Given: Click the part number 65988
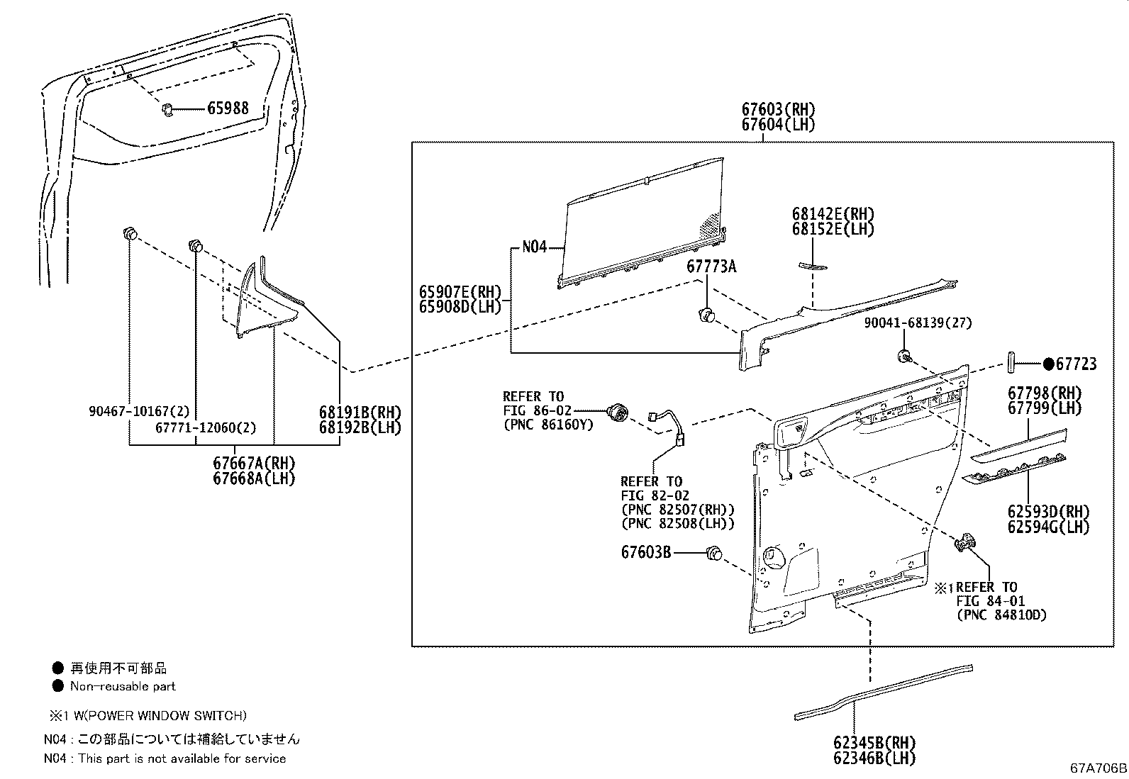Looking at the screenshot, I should (228, 108).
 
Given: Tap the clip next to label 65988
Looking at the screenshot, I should (168, 109).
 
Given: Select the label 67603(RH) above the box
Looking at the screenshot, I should (778, 110).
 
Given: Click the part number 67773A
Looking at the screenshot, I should (711, 267).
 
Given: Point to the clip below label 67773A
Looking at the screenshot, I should (706, 315).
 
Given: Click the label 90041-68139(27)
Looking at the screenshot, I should (918, 323).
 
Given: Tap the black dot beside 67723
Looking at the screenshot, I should (1048, 364).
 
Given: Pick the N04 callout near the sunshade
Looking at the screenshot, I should (535, 247).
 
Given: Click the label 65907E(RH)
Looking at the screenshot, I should (460, 292).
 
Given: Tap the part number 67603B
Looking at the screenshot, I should (645, 551).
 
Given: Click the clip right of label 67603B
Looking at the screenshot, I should (713, 552).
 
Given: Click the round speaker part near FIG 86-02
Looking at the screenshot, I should (618, 410).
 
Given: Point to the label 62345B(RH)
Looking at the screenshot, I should (874, 743).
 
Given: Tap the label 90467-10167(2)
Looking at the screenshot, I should (140, 411).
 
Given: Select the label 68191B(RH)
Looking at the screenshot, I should (360, 413).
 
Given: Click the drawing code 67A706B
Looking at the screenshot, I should (1099, 768).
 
